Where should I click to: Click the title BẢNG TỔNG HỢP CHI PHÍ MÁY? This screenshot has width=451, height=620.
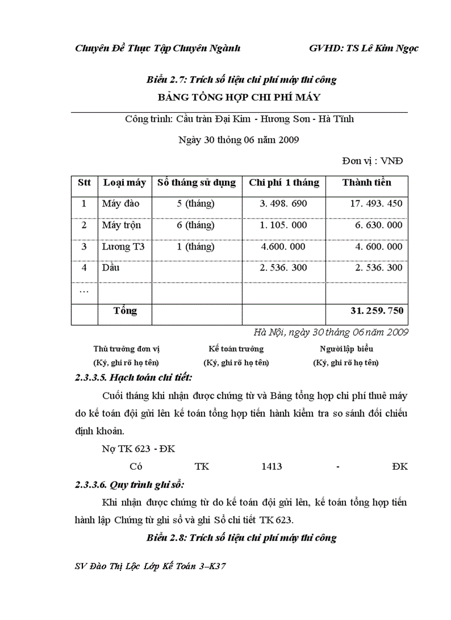pyautogui.click(x=239, y=98)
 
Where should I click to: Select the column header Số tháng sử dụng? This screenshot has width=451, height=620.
pyautogui.click(x=196, y=182)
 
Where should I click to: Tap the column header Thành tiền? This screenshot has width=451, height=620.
pyautogui.click(x=366, y=182)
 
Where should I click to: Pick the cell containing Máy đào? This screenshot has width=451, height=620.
pyautogui.click(x=120, y=204)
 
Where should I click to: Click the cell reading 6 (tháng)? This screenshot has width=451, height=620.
pyautogui.click(x=196, y=225)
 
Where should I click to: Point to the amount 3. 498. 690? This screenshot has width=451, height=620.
pyautogui.click(x=283, y=204)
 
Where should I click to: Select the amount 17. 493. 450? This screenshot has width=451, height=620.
pyautogui.click(x=376, y=204)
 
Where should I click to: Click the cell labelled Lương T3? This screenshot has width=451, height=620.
pyautogui.click(x=123, y=247)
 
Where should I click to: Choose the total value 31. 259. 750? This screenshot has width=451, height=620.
pyautogui.click(x=376, y=311)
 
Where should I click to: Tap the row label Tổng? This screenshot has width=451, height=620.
pyautogui.click(x=125, y=311)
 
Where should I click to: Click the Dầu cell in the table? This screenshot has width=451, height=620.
pyautogui.click(x=111, y=268)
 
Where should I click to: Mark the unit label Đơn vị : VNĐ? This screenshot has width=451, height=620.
pyautogui.click(x=373, y=161)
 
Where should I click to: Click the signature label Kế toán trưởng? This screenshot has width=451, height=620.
pyautogui.click(x=236, y=349)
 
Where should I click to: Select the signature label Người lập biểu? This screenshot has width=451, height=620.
pyautogui.click(x=346, y=349)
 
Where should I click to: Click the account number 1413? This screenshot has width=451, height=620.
pyautogui.click(x=272, y=467)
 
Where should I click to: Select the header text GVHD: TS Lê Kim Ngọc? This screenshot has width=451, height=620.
pyautogui.click(x=364, y=48)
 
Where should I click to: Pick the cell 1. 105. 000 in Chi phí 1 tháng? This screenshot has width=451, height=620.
pyautogui.click(x=283, y=225)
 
